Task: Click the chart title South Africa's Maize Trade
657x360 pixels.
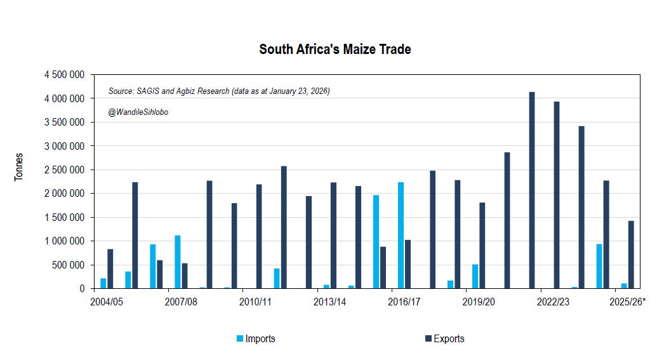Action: tap(335, 50)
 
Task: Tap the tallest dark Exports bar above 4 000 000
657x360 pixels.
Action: tap(532, 190)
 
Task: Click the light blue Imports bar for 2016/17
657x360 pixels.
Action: tap(401, 236)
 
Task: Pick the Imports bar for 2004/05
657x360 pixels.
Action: tap(103, 283)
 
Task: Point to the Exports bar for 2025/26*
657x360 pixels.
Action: tap(631, 255)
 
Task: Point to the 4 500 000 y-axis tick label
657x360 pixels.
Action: tap(65, 75)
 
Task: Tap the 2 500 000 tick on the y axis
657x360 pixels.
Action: tap(65, 170)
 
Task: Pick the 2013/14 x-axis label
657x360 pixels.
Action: tap(330, 302)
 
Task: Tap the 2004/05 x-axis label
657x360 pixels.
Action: tap(107, 302)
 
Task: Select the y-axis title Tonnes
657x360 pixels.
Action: tap(19, 167)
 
